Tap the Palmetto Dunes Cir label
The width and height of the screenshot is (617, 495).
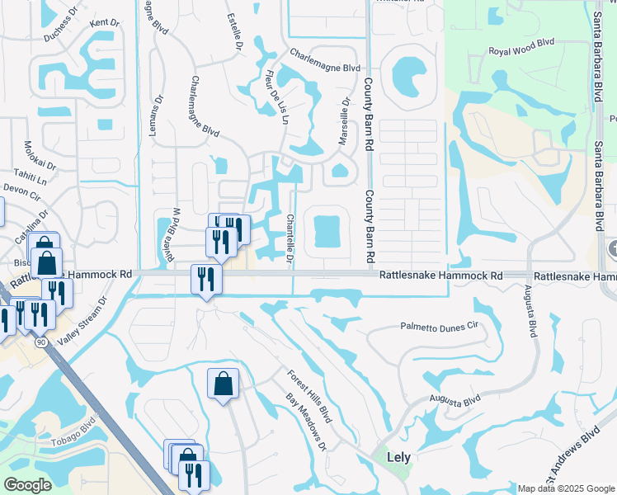tap(440, 327)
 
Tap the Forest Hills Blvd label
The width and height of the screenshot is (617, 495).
tap(308, 397)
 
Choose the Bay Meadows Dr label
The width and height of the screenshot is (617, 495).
tap(306, 422)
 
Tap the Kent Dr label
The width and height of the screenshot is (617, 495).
tap(104, 23)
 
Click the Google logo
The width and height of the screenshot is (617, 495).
tap(27, 485)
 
